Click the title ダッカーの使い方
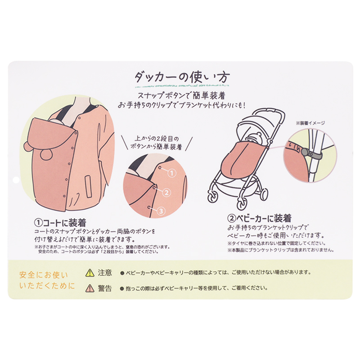[182, 77]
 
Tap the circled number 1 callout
[172, 173]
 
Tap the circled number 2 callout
[166, 193]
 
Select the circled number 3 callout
[161, 211]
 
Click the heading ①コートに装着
[60, 223]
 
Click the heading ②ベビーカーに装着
[260, 218]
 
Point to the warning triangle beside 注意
[90, 273]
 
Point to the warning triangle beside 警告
[90, 288]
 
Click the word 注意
[105, 273]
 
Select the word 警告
[105, 288]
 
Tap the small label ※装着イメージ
[310, 123]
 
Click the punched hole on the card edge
[16, 180]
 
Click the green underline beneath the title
[182, 86]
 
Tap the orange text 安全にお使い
[44, 275]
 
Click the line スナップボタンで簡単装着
[181, 96]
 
